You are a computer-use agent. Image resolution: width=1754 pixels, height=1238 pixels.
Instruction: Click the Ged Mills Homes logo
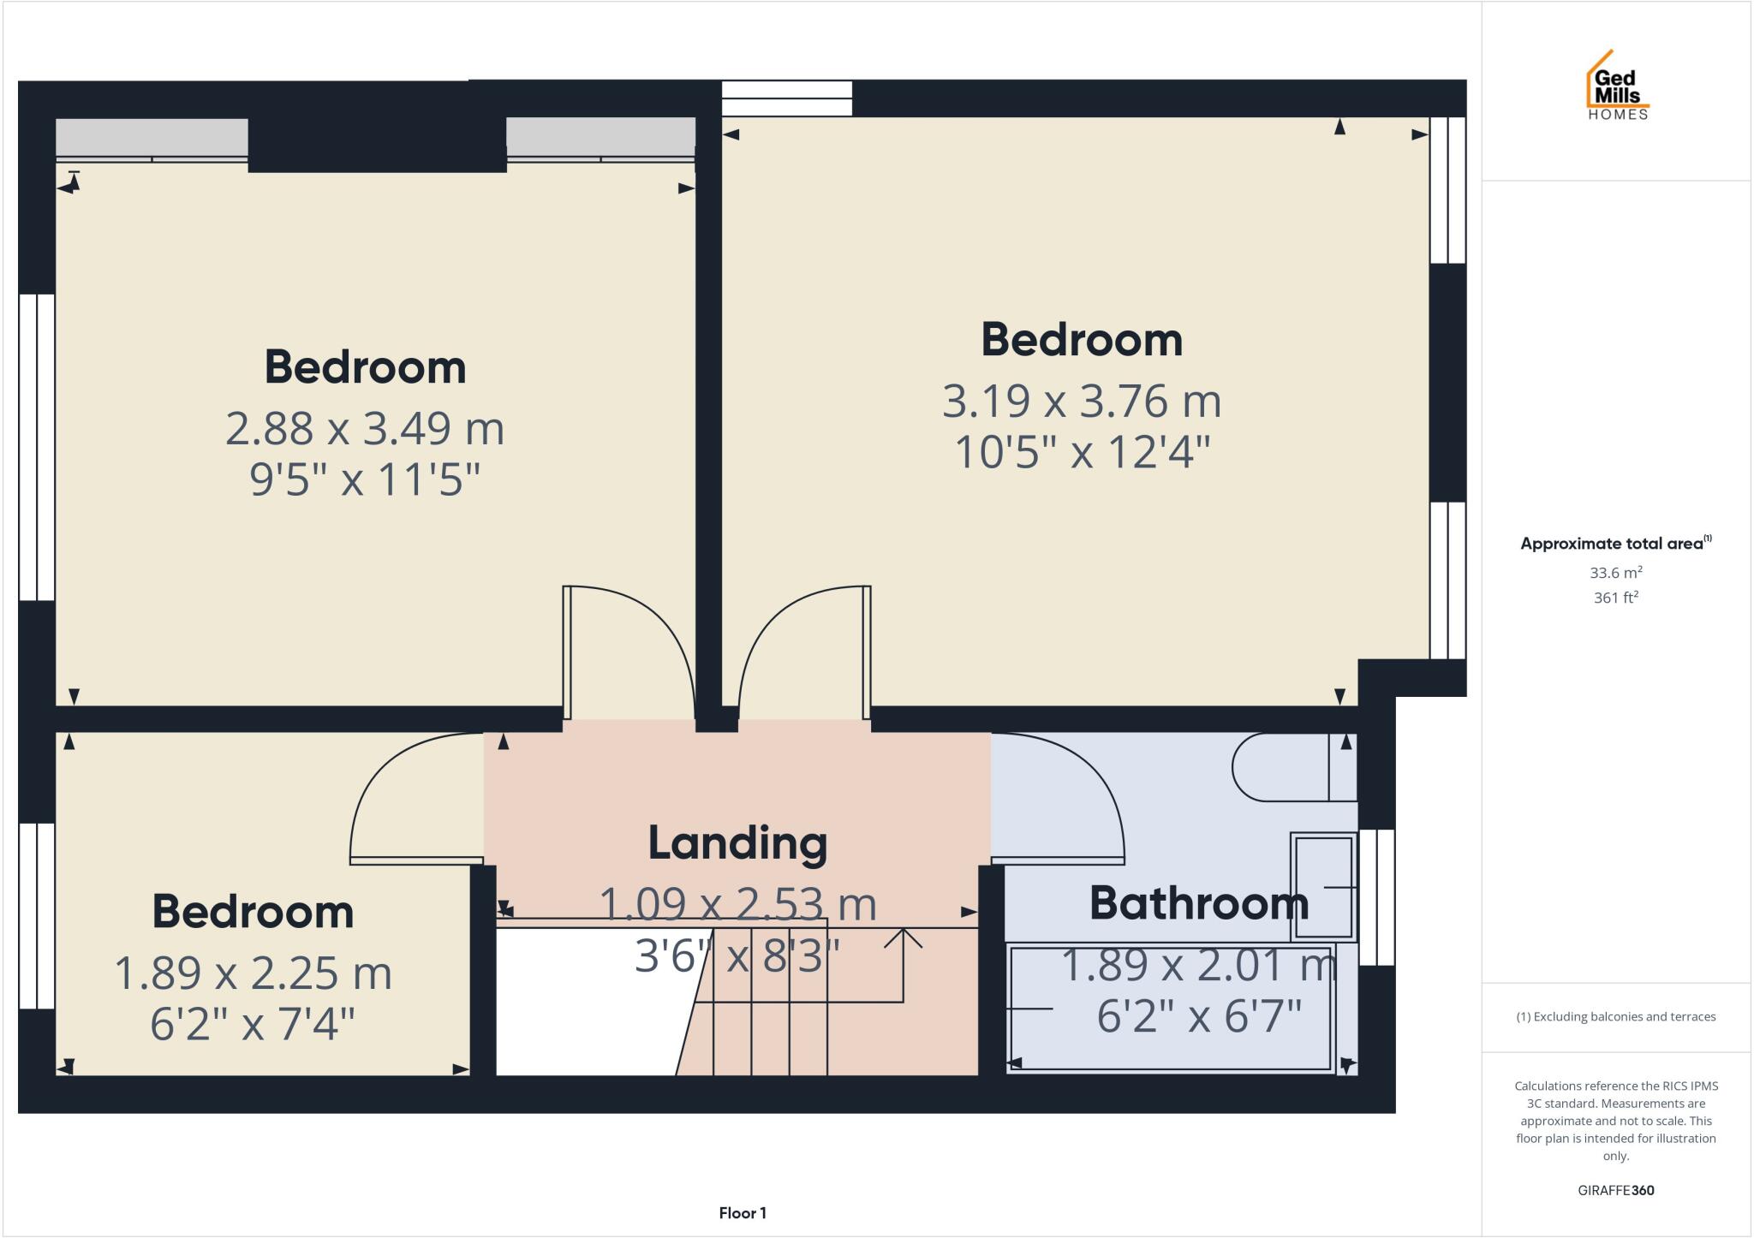(1617, 86)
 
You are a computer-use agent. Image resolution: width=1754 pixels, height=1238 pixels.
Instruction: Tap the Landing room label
(737, 842)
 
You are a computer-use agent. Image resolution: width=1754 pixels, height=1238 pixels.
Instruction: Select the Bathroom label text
(1198, 903)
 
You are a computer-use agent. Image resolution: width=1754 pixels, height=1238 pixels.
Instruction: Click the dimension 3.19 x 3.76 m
(1081, 402)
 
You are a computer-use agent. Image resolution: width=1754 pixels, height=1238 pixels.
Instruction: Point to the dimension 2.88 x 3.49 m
(365, 428)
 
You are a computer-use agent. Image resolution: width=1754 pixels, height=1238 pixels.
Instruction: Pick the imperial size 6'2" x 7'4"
(253, 1023)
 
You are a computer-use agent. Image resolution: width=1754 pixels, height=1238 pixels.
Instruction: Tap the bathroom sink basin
(1323, 886)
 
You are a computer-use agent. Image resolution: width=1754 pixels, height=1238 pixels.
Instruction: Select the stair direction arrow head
(903, 937)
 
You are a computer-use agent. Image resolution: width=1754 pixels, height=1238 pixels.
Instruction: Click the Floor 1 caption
(743, 1213)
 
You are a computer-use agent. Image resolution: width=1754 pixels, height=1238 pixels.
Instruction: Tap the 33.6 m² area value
(1616, 573)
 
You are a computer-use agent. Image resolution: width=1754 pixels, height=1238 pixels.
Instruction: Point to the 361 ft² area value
(1615, 598)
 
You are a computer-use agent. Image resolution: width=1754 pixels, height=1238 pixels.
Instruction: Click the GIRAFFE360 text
(1615, 1190)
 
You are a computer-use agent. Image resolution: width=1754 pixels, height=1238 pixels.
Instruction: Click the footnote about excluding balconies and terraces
(1615, 1017)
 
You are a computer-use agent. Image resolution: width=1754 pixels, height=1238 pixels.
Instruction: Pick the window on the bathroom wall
(1377, 896)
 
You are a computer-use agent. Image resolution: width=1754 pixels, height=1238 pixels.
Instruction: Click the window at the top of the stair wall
(786, 98)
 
